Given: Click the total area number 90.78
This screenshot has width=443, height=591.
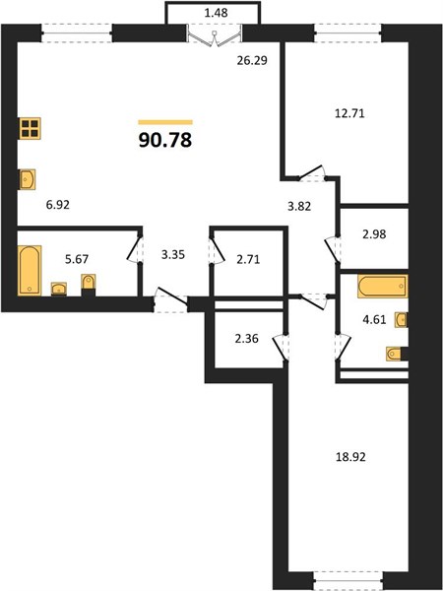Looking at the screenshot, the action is point(165,140).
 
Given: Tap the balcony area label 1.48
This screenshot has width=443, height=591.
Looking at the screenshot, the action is point(216,13).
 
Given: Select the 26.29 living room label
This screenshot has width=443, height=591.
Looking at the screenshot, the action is point(252,60).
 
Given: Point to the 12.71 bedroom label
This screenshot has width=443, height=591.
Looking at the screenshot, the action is point(349,113).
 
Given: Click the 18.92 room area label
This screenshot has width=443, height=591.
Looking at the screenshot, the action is point(350,457).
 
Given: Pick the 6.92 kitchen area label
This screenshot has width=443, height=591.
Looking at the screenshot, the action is point(58,205).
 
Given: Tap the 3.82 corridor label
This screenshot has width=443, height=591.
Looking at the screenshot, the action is point(298,206).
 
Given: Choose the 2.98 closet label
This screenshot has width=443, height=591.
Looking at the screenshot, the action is point(374,234).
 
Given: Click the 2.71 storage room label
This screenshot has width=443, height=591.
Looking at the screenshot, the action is point(248,260).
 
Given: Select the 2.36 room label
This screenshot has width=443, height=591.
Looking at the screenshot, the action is point(246,339).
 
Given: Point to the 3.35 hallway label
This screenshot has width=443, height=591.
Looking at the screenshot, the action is point(173,255).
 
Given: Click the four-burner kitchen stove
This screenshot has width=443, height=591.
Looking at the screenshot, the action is point(30,128).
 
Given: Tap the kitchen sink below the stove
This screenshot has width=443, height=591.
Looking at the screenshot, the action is point(28,179).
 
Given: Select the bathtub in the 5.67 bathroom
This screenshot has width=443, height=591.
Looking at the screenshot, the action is point(30,270).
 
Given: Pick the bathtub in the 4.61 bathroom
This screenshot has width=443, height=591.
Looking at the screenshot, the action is point(382,286).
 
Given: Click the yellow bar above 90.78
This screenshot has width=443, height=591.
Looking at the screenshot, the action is point(165,122).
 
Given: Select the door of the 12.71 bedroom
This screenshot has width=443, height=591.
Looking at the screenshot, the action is point(312,172).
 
